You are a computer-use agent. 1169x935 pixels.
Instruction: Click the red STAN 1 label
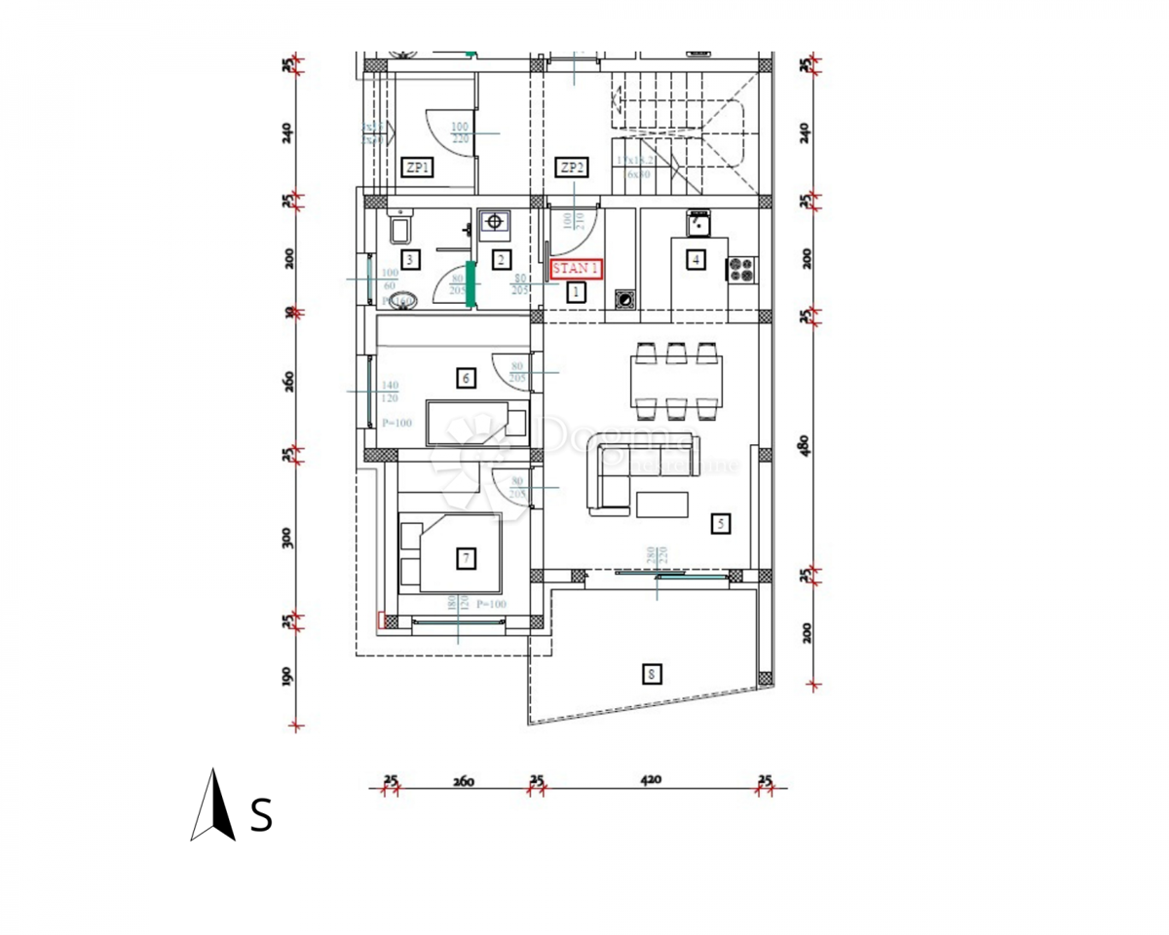point(577,269)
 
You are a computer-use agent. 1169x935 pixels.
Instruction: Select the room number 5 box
point(721,524)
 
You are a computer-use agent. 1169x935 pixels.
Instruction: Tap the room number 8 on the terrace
point(651,672)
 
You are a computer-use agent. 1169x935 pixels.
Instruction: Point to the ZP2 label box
point(572,168)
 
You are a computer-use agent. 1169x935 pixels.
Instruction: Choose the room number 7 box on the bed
point(467,558)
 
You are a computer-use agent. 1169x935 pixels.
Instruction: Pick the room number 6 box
point(466,378)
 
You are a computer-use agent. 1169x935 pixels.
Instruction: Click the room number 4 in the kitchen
point(695,259)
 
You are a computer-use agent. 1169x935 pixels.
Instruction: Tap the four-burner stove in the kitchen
point(741,270)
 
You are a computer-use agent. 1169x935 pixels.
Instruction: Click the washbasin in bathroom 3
point(403,300)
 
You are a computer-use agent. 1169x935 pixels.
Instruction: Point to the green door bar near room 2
point(471,284)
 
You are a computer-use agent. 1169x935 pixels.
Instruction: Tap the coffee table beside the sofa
point(661,505)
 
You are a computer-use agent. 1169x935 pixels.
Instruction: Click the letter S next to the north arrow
point(261,814)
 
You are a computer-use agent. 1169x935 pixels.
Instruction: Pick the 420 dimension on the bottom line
point(651,779)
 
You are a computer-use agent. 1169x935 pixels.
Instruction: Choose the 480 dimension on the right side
point(804,444)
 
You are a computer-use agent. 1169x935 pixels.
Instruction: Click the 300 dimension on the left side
point(287,538)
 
